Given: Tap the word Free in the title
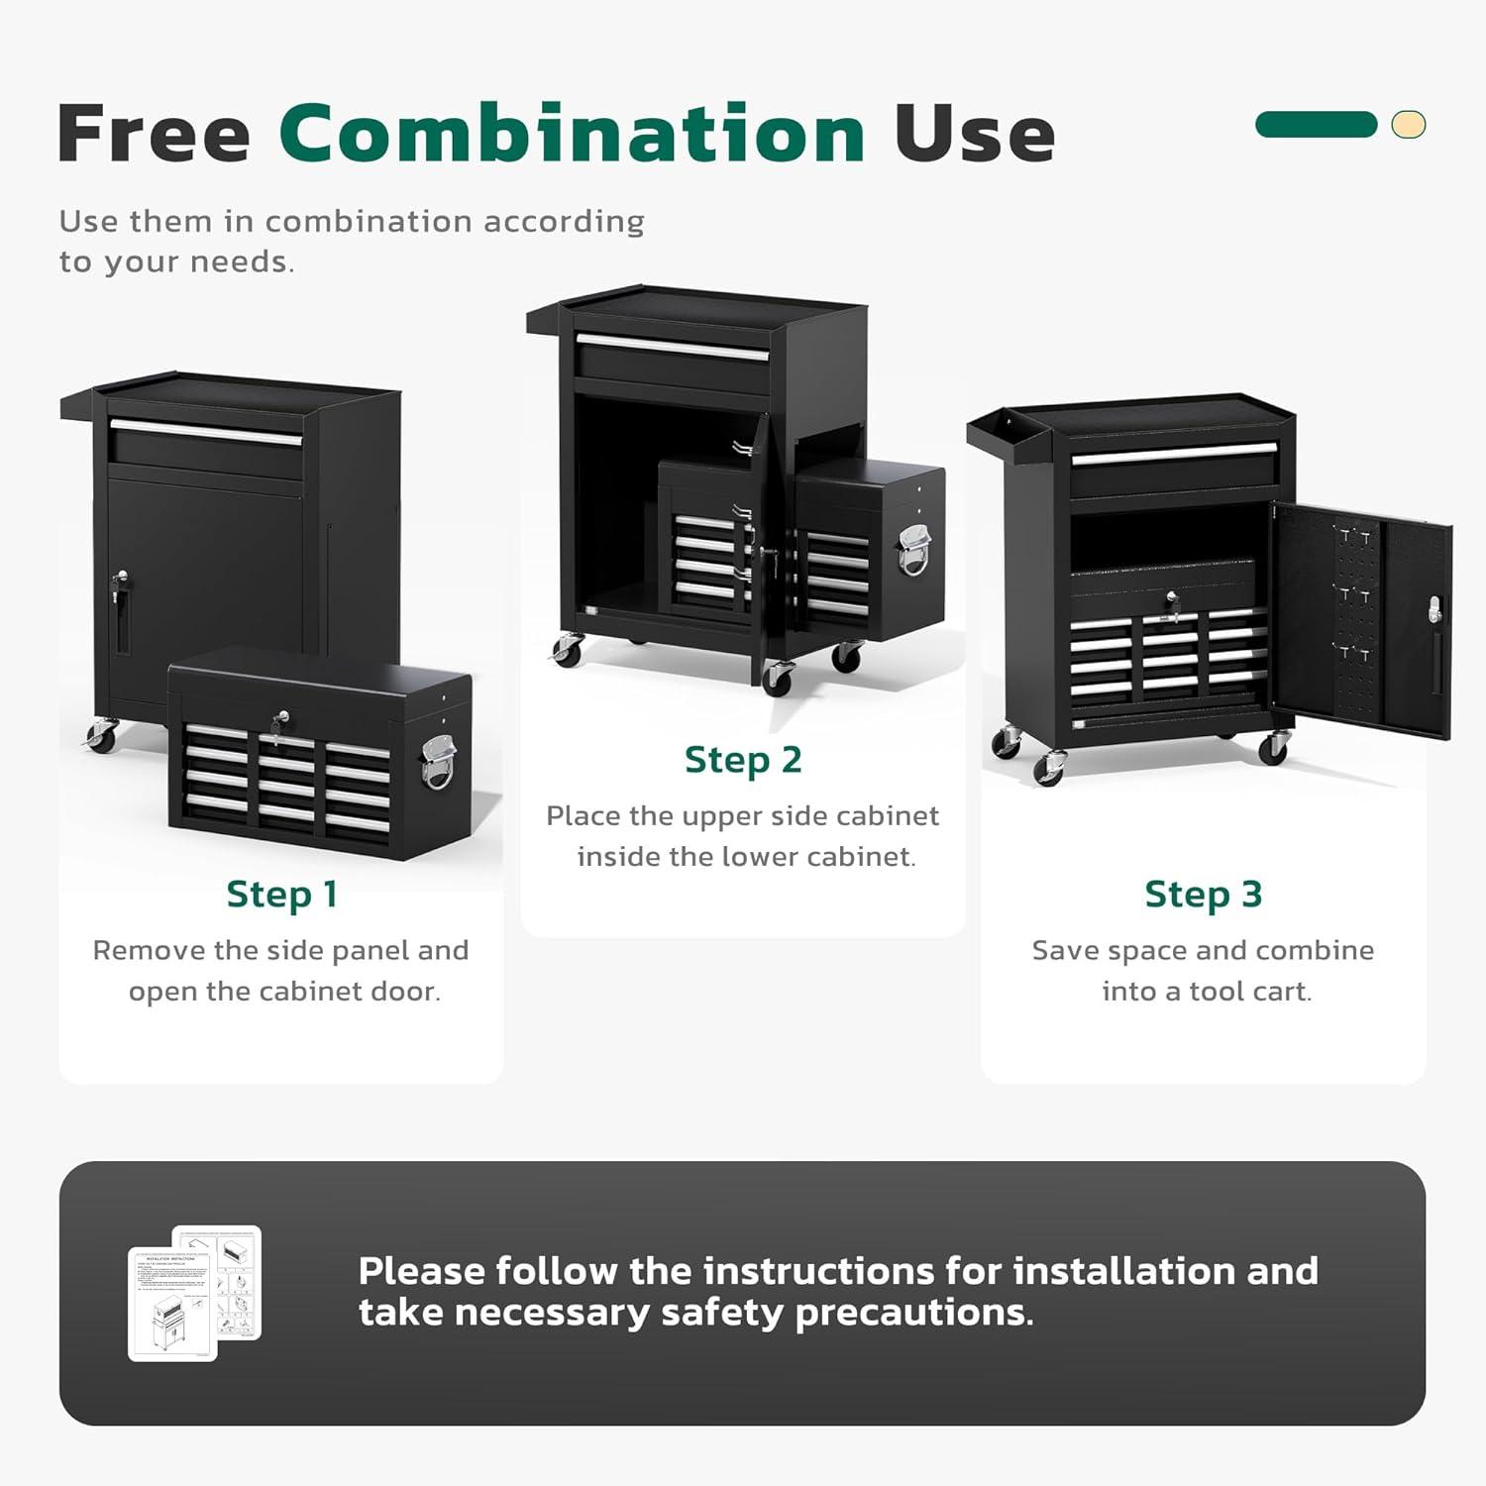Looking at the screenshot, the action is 154,133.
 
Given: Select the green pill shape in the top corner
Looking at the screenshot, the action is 1316,124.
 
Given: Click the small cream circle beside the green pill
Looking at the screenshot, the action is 1408,124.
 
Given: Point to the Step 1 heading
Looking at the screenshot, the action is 281,894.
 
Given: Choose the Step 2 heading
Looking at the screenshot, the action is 742,760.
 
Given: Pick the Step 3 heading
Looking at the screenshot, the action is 1203,894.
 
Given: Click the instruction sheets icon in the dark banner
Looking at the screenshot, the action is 195,1292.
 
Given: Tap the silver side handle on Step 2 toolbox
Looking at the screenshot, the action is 913,550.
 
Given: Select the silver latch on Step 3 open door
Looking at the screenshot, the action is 1433,609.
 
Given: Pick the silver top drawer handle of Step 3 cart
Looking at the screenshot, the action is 1173,454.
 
